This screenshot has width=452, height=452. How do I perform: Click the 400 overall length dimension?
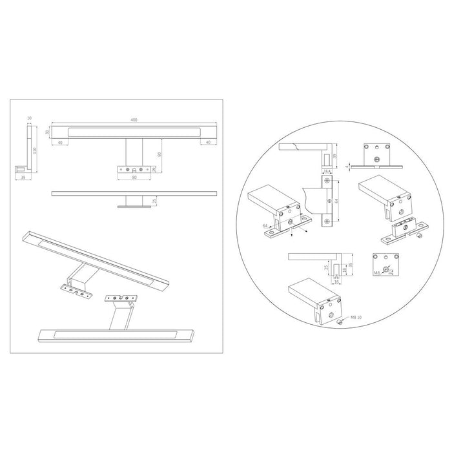(134, 120)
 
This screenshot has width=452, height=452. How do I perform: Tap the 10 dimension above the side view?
(29, 118)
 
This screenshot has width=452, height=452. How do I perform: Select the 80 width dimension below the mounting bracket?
(134, 176)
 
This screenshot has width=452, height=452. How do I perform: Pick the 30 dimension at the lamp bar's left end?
(46, 132)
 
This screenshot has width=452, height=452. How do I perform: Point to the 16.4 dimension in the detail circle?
(328, 172)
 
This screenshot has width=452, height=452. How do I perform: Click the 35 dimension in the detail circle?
(351, 264)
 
